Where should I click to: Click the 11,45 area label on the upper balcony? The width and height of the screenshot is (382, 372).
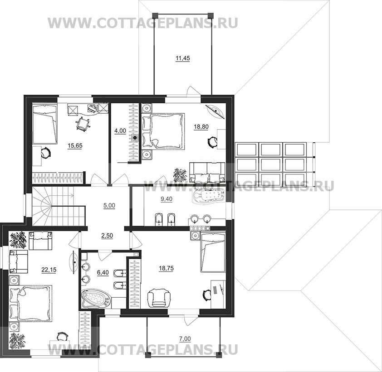(x=183, y=58)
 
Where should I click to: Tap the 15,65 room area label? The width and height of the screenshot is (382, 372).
(x=75, y=146)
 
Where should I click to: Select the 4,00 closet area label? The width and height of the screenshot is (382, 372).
(x=120, y=131)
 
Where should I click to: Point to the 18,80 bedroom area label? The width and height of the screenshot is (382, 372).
(x=201, y=126)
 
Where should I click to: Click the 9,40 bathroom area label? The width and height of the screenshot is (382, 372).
(x=167, y=199)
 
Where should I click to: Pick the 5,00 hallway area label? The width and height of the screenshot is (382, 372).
(x=109, y=206)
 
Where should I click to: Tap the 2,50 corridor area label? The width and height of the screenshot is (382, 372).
(x=107, y=236)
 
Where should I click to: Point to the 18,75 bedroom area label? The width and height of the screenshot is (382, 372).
(x=166, y=268)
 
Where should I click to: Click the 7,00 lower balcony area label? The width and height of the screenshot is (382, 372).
(x=185, y=338)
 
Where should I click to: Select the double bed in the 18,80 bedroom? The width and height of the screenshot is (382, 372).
(x=164, y=130)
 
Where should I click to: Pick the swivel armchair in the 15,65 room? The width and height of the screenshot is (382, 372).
(x=83, y=124)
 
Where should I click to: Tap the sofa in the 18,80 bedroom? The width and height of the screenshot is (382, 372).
(x=207, y=172)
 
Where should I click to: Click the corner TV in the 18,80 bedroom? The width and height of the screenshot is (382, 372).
(x=216, y=111)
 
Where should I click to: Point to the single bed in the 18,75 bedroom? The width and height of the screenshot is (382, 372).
(x=213, y=252)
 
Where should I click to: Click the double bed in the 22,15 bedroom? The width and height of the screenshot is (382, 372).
(x=31, y=304)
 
